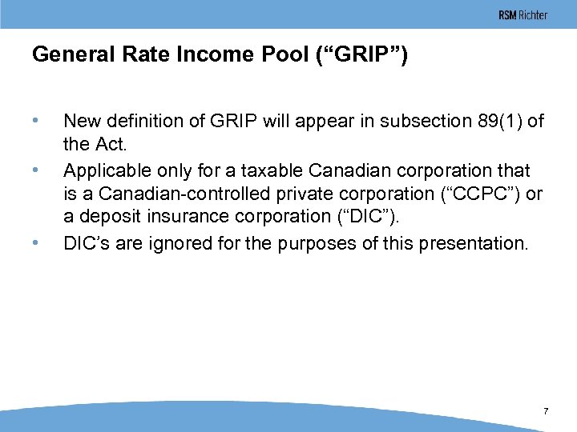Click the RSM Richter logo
tap(523, 15)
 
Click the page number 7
tap(546, 411)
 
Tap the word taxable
tap(277, 171)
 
